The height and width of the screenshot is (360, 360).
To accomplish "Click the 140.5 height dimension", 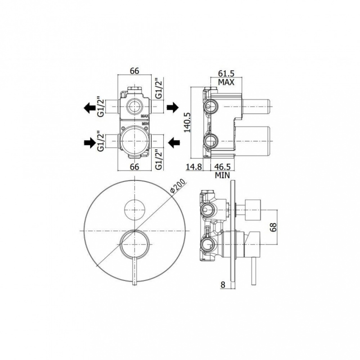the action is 188,122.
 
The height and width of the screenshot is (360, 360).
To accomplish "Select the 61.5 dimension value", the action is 226,73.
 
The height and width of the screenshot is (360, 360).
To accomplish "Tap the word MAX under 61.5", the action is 226,82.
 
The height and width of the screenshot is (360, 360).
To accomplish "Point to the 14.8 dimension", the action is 194,167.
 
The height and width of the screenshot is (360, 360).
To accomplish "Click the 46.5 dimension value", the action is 222,167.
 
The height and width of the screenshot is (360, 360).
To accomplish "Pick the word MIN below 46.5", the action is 222,175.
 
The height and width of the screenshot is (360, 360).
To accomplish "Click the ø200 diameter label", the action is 177,187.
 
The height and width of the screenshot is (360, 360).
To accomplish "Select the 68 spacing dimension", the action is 274,227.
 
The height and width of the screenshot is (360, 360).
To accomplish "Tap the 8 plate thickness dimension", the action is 223,285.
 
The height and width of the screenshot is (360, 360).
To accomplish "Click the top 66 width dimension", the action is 135,71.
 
